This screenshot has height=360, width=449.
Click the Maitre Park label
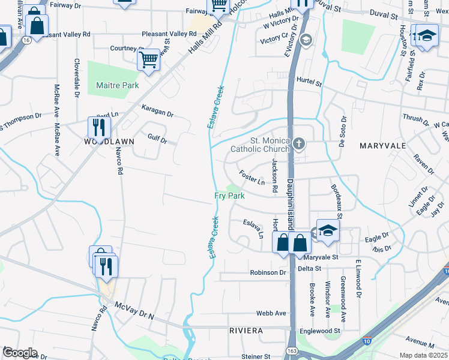click(x=118, y=86)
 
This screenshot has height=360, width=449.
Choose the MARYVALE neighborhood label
click(x=383, y=146)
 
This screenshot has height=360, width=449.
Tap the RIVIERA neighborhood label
click(x=246, y=331)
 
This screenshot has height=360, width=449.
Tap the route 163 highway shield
click(x=292, y=350)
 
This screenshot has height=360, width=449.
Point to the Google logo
click(x=20, y=353)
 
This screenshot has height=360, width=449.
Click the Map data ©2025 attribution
click(x=423, y=355)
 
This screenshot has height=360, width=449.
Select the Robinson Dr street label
click(x=268, y=272)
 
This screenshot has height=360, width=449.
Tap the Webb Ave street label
click(x=271, y=313)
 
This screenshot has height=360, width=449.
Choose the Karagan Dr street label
click(x=157, y=110)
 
